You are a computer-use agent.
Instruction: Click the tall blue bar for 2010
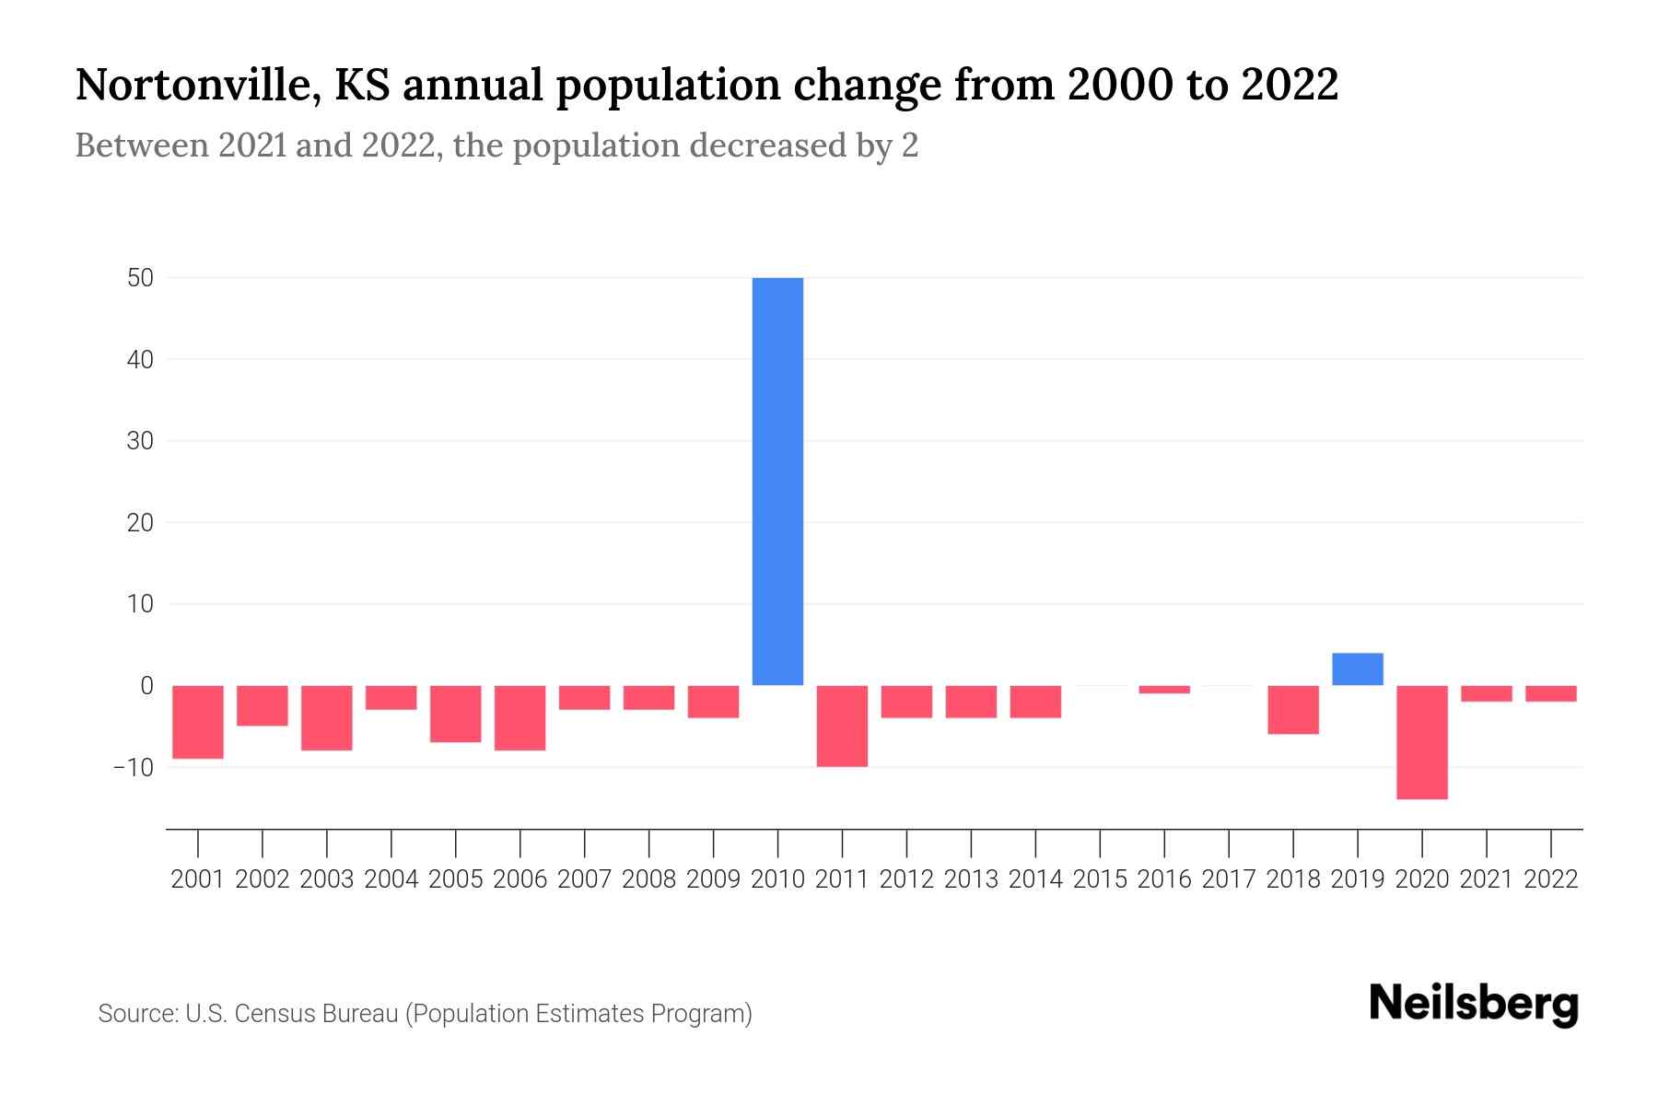tap(777, 481)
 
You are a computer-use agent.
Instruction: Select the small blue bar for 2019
tap(1357, 669)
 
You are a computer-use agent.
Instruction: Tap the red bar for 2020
tap(1421, 741)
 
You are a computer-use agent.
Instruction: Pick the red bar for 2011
tap(842, 726)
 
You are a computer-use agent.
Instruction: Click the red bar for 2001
tap(198, 721)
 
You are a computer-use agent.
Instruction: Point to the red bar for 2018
tap(1292, 709)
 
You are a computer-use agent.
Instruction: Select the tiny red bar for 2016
tap(1164, 690)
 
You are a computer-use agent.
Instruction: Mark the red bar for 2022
tap(1550, 693)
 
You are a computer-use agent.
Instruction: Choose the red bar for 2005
tap(456, 714)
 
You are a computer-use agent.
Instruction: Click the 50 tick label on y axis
tap(140, 278)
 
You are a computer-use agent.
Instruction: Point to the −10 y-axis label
tap(133, 767)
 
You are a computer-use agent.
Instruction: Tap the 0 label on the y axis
tap(146, 686)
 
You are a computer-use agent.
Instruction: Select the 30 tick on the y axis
tap(140, 441)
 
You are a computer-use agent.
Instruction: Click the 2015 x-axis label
tap(1100, 879)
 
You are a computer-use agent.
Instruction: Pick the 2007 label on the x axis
tap(584, 879)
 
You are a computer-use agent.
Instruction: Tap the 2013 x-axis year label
tap(971, 879)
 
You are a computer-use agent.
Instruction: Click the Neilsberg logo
tap(1473, 1004)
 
